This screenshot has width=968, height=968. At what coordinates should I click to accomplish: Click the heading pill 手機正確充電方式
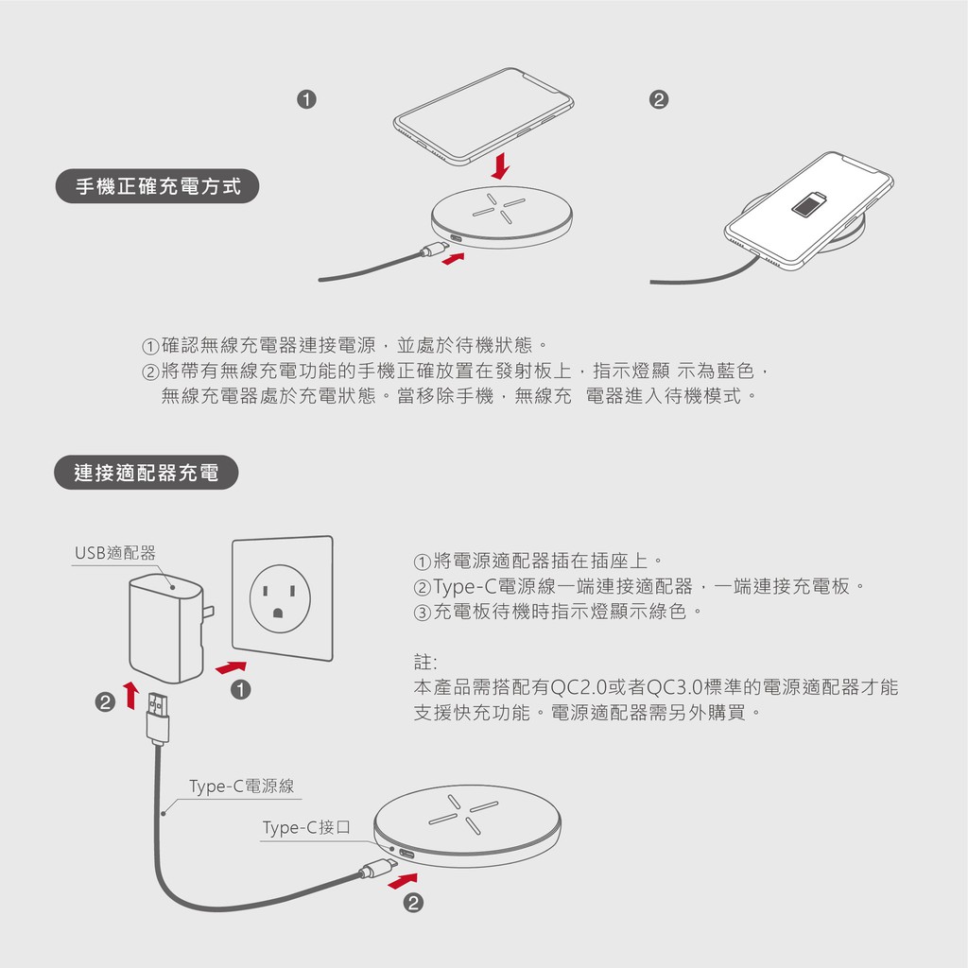[x=158, y=186]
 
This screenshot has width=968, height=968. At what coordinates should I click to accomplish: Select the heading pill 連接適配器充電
[x=147, y=473]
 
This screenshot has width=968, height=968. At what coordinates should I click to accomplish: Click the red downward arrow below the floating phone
[x=500, y=165]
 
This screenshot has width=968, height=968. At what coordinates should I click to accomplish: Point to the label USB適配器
[x=114, y=552]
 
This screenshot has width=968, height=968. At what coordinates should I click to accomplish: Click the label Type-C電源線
[x=241, y=786]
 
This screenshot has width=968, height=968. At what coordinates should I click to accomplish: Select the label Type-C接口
[x=306, y=827]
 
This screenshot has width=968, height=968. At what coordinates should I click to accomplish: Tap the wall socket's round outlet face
[x=280, y=598]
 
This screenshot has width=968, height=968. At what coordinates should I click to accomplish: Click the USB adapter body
[x=166, y=628]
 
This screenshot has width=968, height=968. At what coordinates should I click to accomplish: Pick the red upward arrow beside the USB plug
[x=130, y=696]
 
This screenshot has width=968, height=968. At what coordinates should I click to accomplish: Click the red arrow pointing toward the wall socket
[x=231, y=667]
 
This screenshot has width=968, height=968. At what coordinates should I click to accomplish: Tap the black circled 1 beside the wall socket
[x=241, y=689]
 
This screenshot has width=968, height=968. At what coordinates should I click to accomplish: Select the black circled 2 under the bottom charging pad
[x=413, y=903]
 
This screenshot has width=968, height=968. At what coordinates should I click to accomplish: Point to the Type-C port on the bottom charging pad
[x=406, y=855]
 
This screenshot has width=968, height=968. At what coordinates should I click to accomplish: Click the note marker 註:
[x=425, y=663]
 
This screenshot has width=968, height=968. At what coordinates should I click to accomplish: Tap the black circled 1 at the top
[x=307, y=99]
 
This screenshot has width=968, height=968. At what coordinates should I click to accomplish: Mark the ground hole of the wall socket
[x=278, y=613]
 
